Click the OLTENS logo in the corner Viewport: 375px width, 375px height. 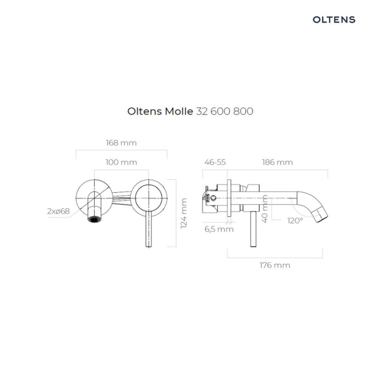pos(334,20)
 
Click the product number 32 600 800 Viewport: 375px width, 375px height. pos(224,111)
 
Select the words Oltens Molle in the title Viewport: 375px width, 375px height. pos(160,111)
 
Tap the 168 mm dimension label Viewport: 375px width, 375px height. pos(121,143)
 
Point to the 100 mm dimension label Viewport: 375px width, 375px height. pos(121,162)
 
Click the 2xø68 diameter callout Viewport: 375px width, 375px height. pos(58,211)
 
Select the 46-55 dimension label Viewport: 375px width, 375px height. pos(215,162)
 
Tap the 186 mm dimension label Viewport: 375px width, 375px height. pos(277,162)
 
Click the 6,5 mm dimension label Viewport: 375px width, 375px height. pos(218,229)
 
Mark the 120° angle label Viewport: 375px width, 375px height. pos(295,220)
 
